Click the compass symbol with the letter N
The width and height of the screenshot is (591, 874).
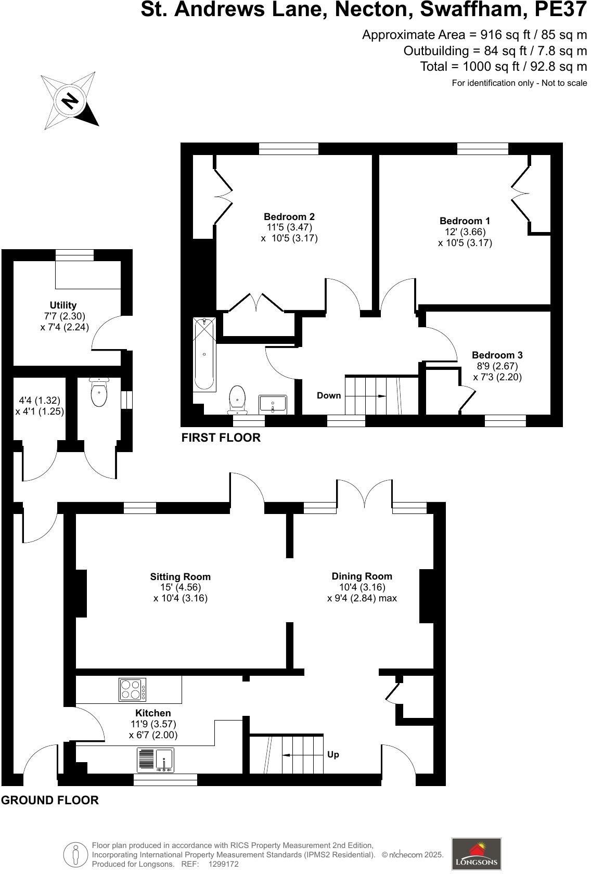coord(70,100)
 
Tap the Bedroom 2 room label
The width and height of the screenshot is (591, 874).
coord(289,217)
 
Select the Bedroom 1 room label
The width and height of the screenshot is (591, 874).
coord(465,221)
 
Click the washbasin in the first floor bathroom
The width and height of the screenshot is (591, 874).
coord(273,404)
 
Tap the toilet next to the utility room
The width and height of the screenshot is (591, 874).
coord(99,392)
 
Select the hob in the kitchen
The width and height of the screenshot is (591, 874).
coord(133,689)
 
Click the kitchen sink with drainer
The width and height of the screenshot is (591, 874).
coord(156,760)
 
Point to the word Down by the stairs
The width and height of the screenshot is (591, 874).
coord(329,395)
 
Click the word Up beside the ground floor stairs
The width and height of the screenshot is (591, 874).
coord(333,754)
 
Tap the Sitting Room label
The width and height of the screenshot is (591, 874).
coord(180,576)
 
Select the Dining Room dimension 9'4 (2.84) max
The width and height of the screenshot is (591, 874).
coord(362,598)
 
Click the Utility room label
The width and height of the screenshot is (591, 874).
coord(63,305)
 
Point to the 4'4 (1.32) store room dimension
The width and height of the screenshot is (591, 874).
coord(40,401)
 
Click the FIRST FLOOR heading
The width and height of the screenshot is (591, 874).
coord(221,438)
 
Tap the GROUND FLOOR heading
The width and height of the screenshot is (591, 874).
coord(50,800)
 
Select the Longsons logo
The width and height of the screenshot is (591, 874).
coord(476,854)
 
